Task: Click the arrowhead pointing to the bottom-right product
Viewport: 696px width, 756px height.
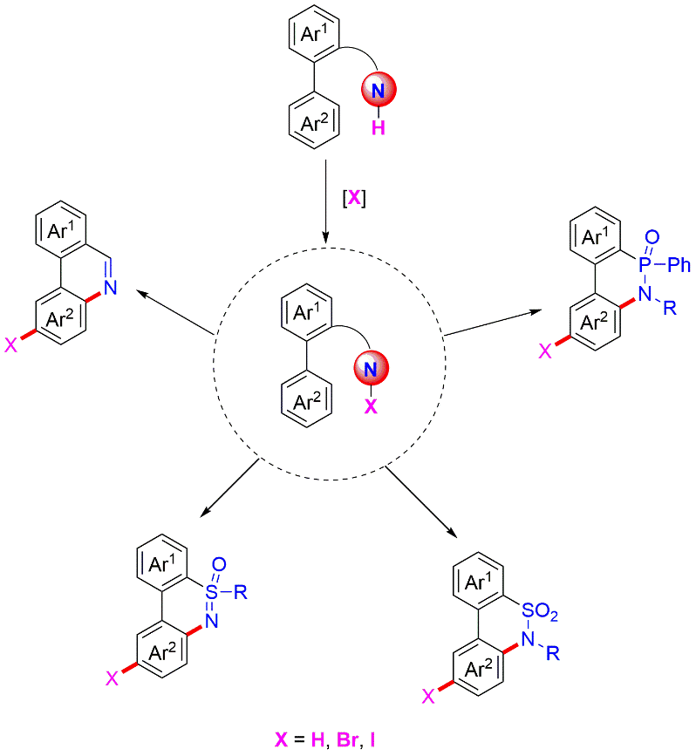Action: click(x=454, y=533)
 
